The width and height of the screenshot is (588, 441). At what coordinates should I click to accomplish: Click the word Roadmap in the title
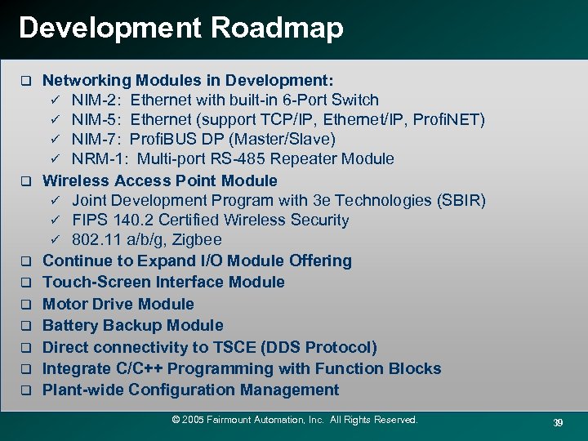tap(277, 28)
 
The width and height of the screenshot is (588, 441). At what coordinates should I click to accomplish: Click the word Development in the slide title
tap(109, 28)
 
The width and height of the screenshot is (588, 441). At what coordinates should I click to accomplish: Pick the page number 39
tap(558, 422)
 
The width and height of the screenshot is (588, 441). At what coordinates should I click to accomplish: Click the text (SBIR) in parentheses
tap(461, 200)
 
